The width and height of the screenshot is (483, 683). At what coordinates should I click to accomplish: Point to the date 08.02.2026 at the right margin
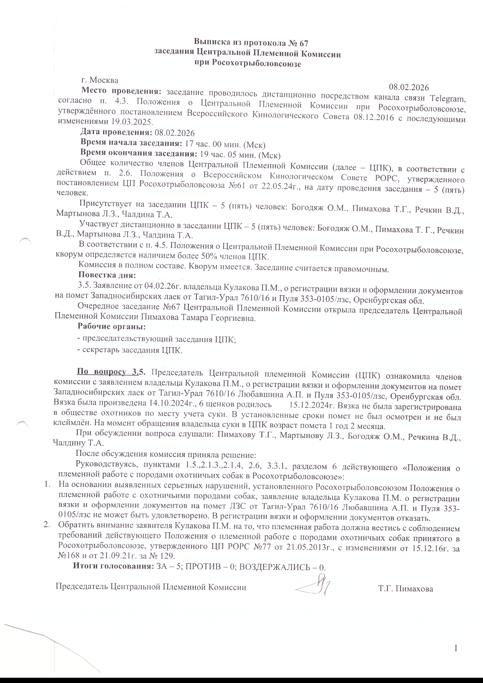pyautogui.click(x=409, y=87)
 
